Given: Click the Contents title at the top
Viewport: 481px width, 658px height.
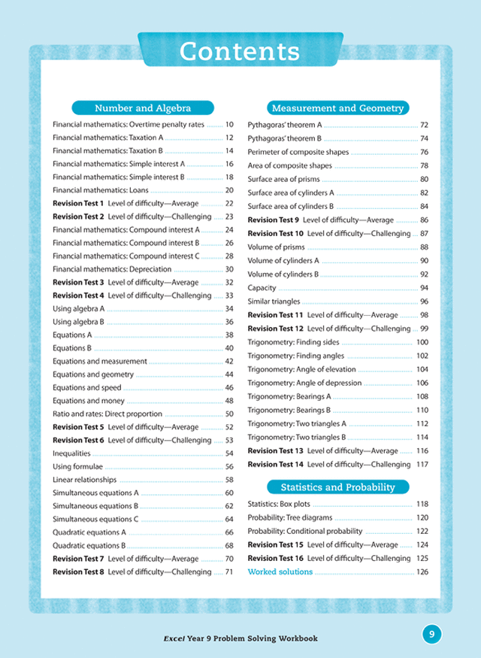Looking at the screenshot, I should pos(240,52).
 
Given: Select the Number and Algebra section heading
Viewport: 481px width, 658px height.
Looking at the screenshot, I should pos(142,108).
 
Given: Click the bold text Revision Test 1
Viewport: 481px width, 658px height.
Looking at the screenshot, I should pos(78,204).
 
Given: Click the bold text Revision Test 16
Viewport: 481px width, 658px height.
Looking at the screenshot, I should pos(275,559).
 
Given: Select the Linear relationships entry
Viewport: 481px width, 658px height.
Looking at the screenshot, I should pos(85,480).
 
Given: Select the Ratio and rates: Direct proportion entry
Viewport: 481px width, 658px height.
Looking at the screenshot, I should pos(107,414).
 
